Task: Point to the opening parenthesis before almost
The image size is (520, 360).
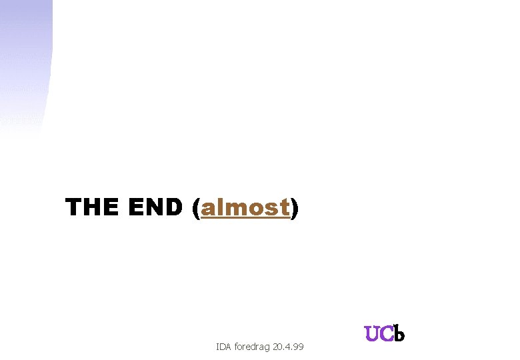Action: click(x=195, y=209)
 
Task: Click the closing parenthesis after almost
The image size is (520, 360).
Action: click(x=295, y=209)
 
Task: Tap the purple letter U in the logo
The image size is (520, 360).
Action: click(x=371, y=334)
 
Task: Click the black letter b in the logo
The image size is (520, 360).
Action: click(x=399, y=333)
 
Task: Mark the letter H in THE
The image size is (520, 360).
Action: click(x=91, y=208)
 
